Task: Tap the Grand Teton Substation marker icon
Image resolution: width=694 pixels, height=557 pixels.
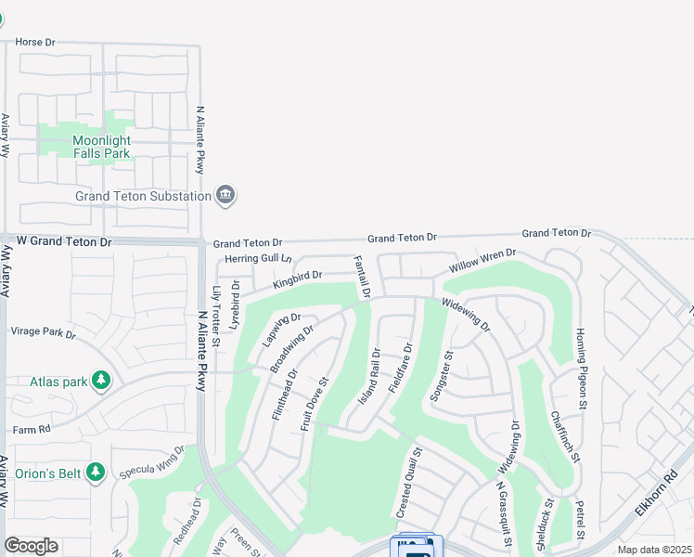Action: [x=225, y=195]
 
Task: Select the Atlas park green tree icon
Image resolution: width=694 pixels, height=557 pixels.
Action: [x=101, y=381]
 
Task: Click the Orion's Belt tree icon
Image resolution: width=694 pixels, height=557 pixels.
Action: [x=96, y=473]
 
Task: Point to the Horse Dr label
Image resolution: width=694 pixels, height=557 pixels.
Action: [x=36, y=43]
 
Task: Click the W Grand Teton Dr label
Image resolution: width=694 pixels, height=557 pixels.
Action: [x=64, y=241]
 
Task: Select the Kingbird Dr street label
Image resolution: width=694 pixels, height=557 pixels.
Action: [x=298, y=277]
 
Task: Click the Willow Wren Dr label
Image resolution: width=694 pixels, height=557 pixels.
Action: [x=482, y=261]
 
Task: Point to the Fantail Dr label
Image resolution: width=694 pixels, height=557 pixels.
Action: [x=362, y=277]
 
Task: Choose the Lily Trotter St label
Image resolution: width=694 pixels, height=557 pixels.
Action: [x=216, y=317]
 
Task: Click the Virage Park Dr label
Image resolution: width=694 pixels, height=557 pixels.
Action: [x=42, y=331]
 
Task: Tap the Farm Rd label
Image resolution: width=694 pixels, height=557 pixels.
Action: [x=31, y=430]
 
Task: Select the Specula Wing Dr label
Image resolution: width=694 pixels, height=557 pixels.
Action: [x=153, y=462]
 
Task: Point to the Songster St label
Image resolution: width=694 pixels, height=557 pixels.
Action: [x=440, y=376]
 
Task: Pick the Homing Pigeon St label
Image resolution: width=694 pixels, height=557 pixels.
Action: [x=582, y=369]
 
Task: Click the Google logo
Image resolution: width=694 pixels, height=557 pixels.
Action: [x=31, y=546]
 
